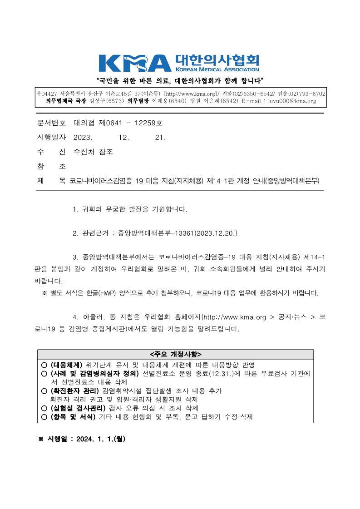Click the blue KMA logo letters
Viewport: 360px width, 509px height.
click(x=135, y=63)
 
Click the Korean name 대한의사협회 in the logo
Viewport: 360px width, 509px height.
click(x=217, y=60)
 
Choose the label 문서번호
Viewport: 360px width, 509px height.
click(x=51, y=123)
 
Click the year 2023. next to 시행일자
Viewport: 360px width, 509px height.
click(x=83, y=138)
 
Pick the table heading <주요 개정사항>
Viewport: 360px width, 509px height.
click(x=175, y=354)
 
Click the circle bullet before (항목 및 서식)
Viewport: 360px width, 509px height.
click(x=44, y=416)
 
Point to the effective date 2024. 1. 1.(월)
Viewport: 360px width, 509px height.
click(x=101, y=439)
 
